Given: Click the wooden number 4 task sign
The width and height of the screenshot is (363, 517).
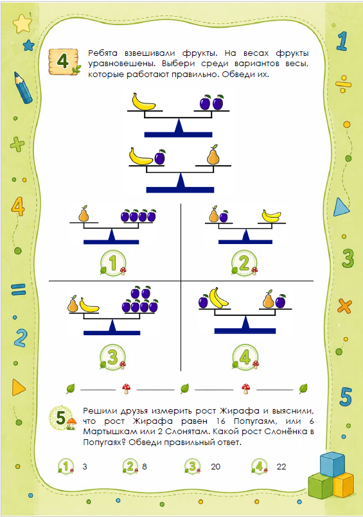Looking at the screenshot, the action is pyautogui.click(x=64, y=62).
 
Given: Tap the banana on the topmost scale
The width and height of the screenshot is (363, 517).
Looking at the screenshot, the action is pyautogui.click(x=143, y=101).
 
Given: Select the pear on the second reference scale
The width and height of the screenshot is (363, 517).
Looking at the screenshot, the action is pyautogui.click(x=213, y=155).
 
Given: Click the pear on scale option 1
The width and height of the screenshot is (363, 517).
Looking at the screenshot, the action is pyautogui.click(x=84, y=214).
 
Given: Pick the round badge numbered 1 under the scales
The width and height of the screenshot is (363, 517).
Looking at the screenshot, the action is pyautogui.click(x=113, y=263).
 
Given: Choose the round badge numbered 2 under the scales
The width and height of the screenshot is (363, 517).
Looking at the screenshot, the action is pyautogui.click(x=244, y=263).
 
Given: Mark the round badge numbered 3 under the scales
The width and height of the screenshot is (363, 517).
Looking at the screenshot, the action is pyautogui.click(x=113, y=356).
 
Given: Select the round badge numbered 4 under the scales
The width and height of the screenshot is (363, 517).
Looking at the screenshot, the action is pyautogui.click(x=245, y=356).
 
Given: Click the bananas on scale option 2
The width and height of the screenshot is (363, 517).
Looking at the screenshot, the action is pyautogui.click(x=271, y=216).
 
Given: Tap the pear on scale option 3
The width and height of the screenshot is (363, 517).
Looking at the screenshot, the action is pyautogui.click(x=73, y=304).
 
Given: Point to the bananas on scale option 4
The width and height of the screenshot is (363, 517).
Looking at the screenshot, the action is pyautogui.click(x=218, y=297).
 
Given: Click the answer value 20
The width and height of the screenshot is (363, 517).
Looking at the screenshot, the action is pyautogui.click(x=216, y=466).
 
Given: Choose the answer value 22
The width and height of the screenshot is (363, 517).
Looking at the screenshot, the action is pyautogui.click(x=281, y=466).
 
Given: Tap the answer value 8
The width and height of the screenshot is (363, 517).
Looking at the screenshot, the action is pyautogui.click(x=145, y=466).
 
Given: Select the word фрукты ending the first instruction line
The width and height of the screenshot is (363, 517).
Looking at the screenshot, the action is pyautogui.click(x=292, y=53).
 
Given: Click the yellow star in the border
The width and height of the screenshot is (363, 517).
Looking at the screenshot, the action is pyautogui.click(x=22, y=23).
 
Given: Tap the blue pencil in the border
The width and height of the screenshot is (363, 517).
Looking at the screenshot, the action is pyautogui.click(x=23, y=88).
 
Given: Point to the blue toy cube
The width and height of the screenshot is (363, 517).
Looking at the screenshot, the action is pyautogui.click(x=332, y=464).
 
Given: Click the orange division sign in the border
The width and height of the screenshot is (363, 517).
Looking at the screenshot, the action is pyautogui.click(x=343, y=83).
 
